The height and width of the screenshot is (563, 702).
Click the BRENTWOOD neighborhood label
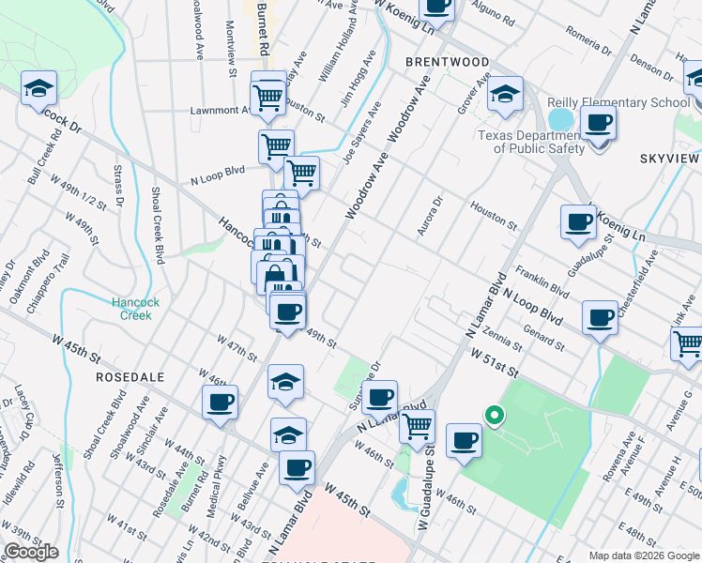(x=448, y=62)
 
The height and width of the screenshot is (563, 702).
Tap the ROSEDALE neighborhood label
(x=130, y=376)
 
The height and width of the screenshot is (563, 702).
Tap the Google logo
(x=31, y=552)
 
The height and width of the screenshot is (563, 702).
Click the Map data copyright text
(x=643, y=555)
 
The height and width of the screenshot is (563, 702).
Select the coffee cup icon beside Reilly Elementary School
(x=598, y=122)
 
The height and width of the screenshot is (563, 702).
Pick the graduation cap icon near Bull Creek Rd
(x=38, y=89)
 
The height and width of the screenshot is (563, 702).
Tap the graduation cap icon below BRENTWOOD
(x=504, y=95)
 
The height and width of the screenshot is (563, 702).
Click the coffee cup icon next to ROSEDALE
(x=221, y=403)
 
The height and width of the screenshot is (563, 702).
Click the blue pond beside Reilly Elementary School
(x=560, y=119)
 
